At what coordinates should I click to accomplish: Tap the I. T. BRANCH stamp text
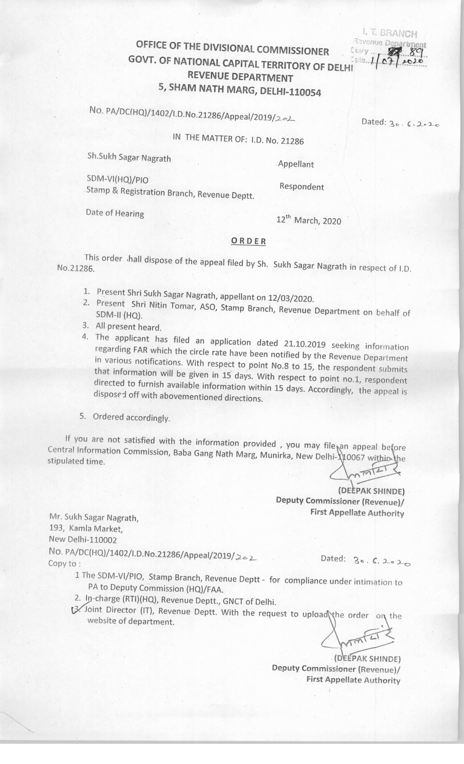pos(389,33)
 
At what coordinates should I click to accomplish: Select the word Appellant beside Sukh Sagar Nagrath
pos(296,164)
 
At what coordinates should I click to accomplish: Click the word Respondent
pos(302,187)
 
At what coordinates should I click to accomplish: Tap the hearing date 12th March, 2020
pos(309,220)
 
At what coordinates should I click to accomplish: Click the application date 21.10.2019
pos(304,343)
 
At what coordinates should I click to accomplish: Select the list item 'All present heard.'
pos(128,327)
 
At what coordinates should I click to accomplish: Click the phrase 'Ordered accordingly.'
pos(132,418)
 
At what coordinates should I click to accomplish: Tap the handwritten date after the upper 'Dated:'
pos(414,124)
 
